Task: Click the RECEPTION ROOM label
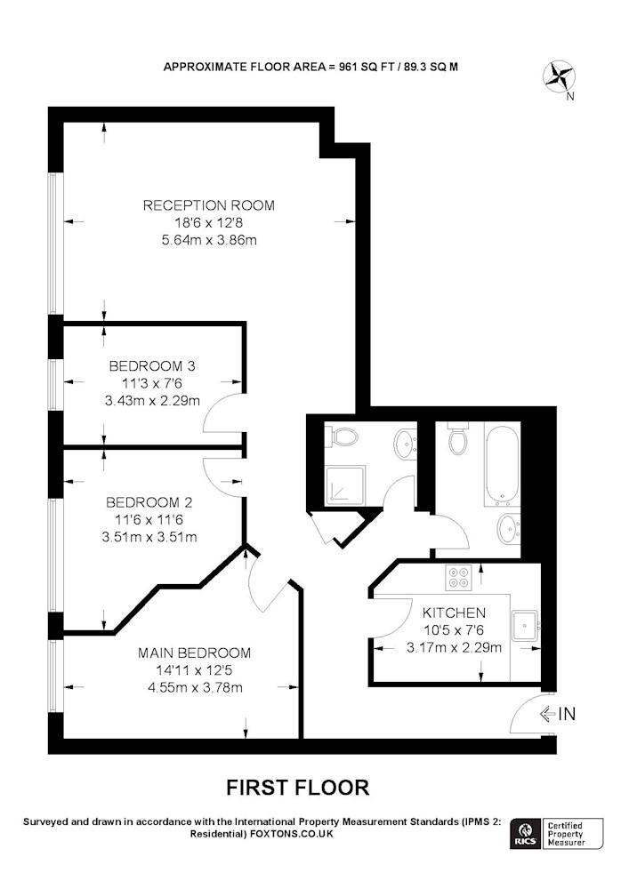(209, 205)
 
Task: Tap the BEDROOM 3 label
(152, 366)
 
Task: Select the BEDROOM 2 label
(149, 502)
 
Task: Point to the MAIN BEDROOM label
(195, 653)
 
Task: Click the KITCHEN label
(455, 613)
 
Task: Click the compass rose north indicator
(560, 77)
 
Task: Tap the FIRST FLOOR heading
(298, 788)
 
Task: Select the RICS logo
(525, 834)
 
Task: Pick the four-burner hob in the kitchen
(459, 579)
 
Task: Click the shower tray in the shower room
(344, 485)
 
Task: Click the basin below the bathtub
(509, 529)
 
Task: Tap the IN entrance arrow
(548, 715)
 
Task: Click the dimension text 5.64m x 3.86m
(209, 240)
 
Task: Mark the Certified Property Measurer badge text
(566, 834)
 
